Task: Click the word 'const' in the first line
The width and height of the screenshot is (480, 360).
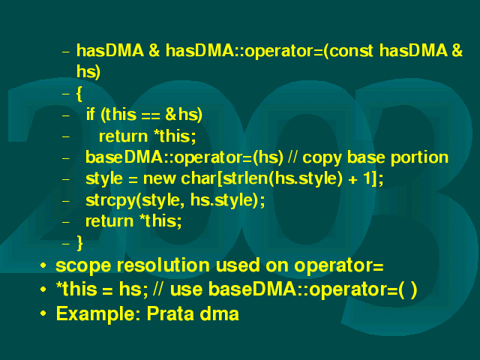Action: [x=352, y=50]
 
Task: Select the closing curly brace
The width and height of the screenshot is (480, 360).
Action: [x=79, y=243]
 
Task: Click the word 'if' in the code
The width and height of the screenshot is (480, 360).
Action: [x=90, y=114]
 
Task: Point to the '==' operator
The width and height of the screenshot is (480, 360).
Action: [x=151, y=115]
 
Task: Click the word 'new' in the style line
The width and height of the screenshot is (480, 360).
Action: [x=159, y=178]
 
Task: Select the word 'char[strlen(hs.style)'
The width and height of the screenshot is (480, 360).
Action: [x=262, y=178]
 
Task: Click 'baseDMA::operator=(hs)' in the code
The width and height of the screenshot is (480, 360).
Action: [x=184, y=157]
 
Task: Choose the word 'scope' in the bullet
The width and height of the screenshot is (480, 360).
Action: [x=83, y=265]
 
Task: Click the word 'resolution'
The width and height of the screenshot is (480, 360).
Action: [x=163, y=265]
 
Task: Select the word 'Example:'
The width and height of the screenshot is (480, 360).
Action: [x=98, y=313]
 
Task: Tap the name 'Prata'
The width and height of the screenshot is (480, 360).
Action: [x=170, y=313]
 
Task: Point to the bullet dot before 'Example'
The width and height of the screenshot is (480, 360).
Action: [x=43, y=313]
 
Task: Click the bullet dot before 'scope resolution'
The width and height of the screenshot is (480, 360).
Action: [x=43, y=265]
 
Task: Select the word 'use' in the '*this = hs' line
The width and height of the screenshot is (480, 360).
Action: [x=186, y=289]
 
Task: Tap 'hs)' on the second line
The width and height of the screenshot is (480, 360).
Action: [x=88, y=72]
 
